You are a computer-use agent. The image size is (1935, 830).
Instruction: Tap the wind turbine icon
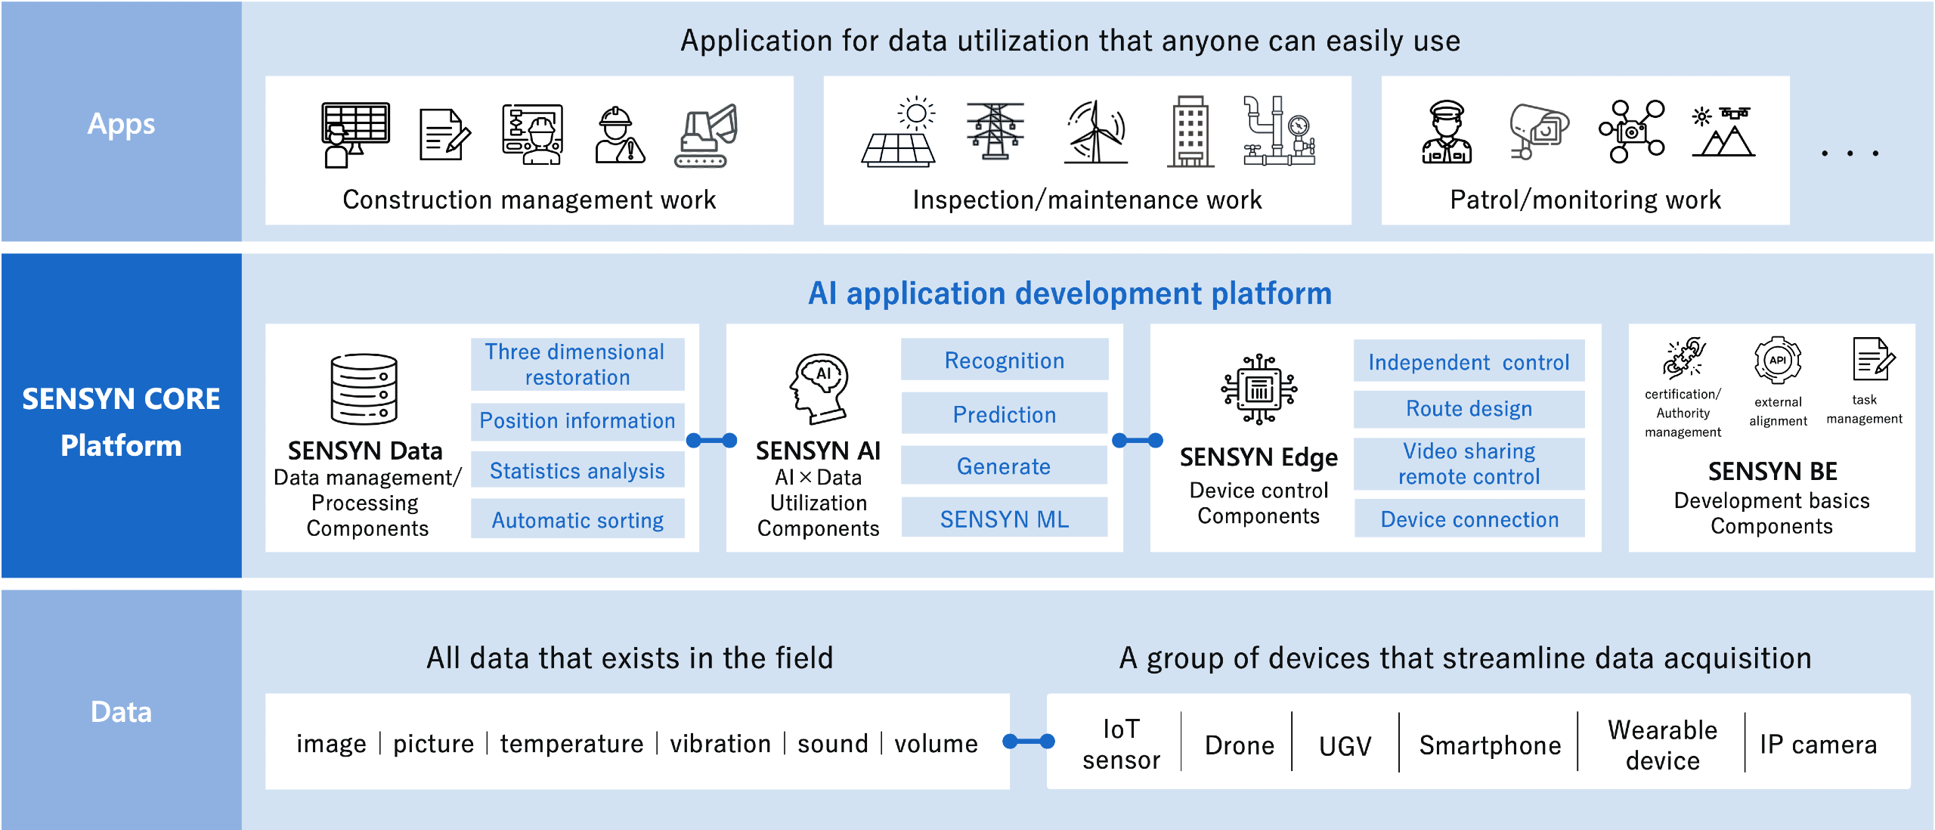click(x=1096, y=132)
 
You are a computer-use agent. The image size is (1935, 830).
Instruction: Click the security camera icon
click(x=1538, y=131)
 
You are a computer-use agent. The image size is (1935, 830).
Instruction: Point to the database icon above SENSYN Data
click(x=364, y=389)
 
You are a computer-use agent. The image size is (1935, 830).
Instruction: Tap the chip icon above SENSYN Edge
click(x=1259, y=389)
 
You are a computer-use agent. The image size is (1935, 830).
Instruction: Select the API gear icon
click(x=1778, y=361)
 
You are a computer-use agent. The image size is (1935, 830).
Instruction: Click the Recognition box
click(x=1005, y=360)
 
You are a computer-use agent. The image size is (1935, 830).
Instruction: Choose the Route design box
click(x=1469, y=409)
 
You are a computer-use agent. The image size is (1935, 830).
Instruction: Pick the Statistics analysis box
click(x=577, y=470)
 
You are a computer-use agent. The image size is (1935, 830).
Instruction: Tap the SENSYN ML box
click(x=1005, y=519)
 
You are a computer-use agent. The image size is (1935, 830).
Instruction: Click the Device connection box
click(x=1469, y=519)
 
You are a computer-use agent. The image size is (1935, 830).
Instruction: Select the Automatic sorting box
click(x=577, y=519)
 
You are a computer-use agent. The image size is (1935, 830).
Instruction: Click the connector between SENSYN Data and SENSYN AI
click(x=712, y=440)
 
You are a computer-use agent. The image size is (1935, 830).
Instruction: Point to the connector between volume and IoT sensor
click(x=1029, y=742)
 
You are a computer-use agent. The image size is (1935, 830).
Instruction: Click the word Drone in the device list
click(x=1240, y=745)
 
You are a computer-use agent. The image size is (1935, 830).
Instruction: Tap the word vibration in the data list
click(x=720, y=744)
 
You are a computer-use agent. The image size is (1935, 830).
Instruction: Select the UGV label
click(x=1345, y=746)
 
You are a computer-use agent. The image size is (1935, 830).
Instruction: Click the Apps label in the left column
click(x=121, y=123)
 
